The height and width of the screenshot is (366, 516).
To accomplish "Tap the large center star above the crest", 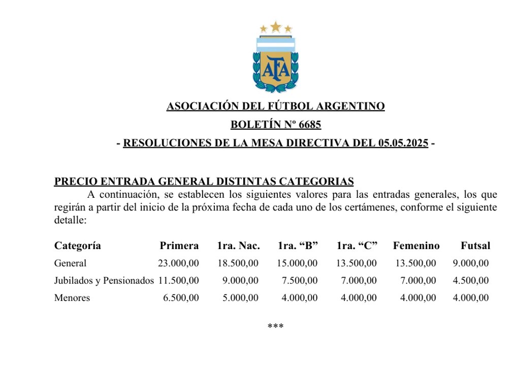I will [x=275, y=26].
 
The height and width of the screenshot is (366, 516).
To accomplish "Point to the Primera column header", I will [x=179, y=246].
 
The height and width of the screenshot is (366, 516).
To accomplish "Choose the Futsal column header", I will [x=475, y=246].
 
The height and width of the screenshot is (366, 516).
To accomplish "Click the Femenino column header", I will [x=416, y=246].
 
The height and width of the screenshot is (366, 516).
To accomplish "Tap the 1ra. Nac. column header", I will [x=238, y=246].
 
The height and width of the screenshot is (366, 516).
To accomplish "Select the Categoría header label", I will [x=78, y=246].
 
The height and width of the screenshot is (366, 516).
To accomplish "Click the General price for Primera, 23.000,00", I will [x=178, y=263].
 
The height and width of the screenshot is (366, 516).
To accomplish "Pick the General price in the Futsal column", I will [x=471, y=263].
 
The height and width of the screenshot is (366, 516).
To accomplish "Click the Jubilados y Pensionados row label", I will [x=104, y=281].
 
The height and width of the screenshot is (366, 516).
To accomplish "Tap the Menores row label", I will [x=72, y=298].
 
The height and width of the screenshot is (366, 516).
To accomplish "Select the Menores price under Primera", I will [x=181, y=298].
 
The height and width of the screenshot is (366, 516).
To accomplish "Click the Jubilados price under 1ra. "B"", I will [x=300, y=281].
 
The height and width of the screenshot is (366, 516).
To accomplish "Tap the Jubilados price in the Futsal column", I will [x=471, y=281].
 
